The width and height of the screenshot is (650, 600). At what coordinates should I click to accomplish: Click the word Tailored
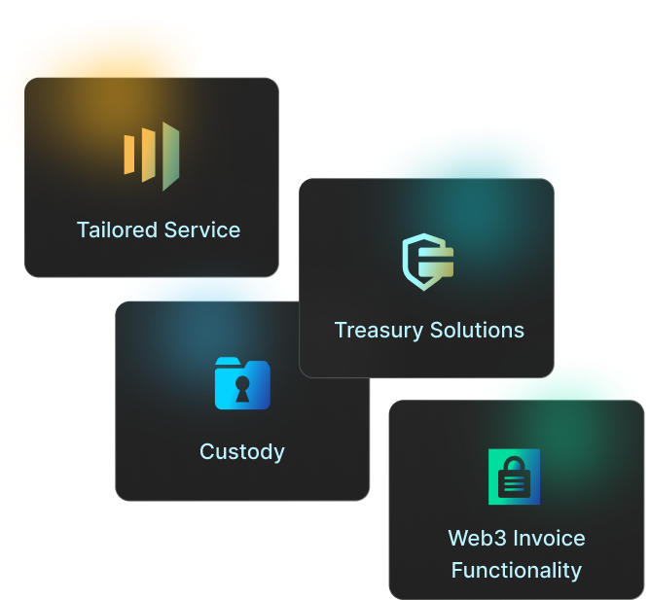(x=116, y=230)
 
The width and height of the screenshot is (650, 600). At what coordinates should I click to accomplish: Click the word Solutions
(x=477, y=331)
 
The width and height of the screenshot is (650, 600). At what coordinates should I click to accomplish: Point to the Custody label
(x=242, y=452)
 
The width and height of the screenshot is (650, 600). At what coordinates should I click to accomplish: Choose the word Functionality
(x=517, y=570)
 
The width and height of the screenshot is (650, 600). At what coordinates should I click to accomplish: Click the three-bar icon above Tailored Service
(x=152, y=156)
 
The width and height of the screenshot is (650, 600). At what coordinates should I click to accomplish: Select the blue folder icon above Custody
(x=242, y=383)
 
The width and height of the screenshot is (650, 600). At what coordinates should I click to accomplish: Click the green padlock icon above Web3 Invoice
(x=514, y=476)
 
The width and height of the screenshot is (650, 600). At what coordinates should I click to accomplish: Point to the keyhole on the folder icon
(x=242, y=389)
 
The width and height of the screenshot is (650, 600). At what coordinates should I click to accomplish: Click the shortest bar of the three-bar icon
(x=129, y=156)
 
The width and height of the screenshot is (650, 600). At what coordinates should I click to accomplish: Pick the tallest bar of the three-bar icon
(x=171, y=156)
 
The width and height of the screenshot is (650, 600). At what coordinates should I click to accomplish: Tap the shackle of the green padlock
(x=514, y=462)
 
